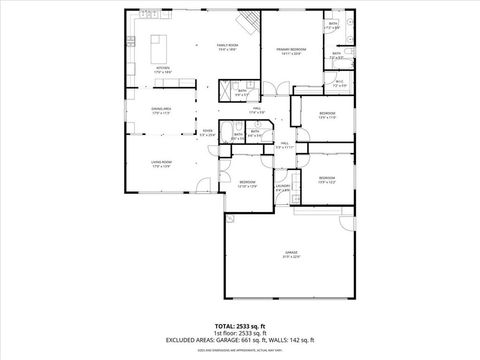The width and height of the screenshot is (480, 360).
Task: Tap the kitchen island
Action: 160,49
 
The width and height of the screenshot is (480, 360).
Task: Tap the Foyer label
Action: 208,131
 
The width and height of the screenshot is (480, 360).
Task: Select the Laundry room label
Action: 283,186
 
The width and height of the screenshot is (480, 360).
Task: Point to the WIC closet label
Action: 339,84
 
